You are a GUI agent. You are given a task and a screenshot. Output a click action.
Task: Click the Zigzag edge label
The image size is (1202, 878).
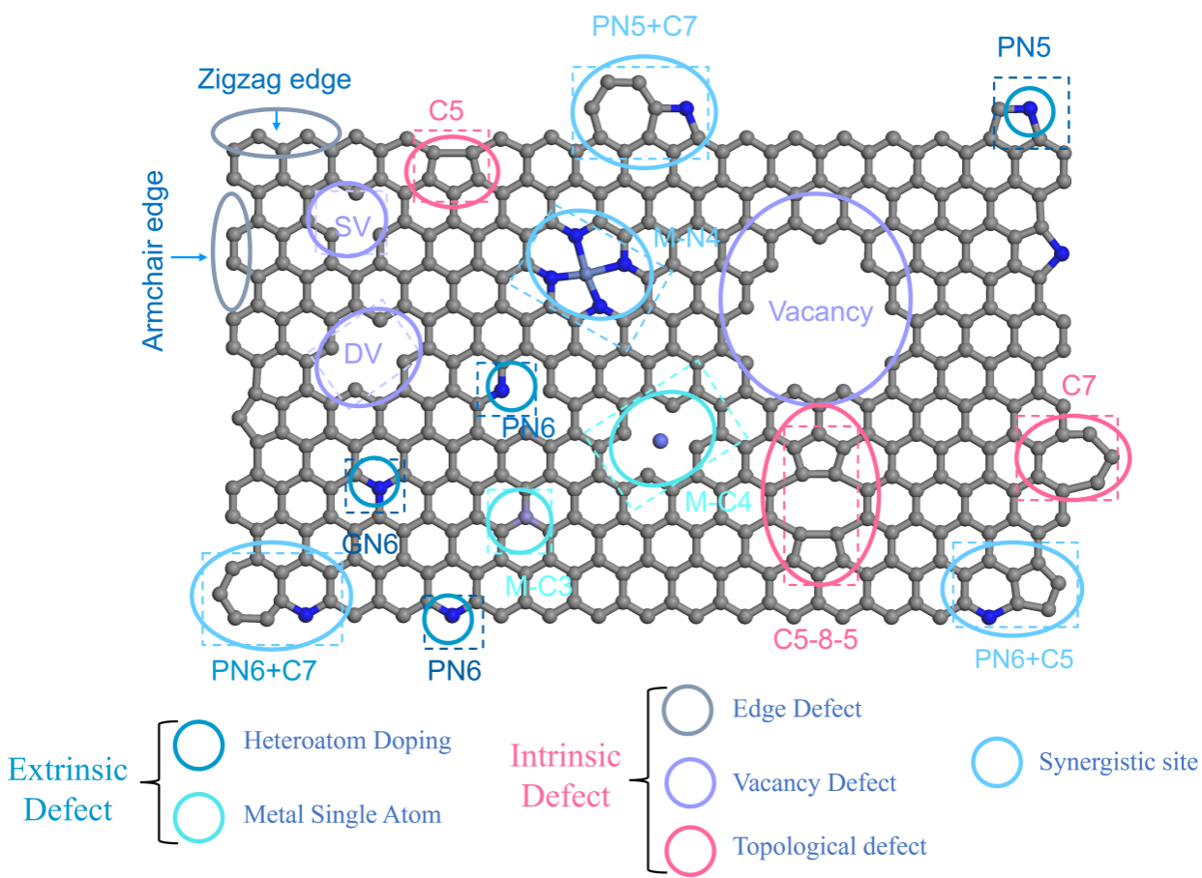(274, 79)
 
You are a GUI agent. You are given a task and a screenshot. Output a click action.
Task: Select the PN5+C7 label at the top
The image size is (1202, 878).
(644, 26)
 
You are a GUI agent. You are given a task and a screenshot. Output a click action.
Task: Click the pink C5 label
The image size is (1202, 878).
(446, 111)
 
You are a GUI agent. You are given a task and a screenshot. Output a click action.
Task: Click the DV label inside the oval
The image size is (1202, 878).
(363, 354)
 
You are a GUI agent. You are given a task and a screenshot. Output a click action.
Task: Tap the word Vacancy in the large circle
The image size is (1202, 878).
(821, 311)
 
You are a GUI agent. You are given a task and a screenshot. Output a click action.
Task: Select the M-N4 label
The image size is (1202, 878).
(685, 236)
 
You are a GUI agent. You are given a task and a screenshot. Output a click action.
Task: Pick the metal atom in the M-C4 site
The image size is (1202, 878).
(661, 441)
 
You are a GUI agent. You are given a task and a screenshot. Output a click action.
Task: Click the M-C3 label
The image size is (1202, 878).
(539, 585)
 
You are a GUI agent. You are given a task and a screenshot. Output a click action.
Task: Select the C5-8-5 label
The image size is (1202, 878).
(816, 639)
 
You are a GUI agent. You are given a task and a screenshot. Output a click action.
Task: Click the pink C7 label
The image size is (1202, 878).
(1078, 386)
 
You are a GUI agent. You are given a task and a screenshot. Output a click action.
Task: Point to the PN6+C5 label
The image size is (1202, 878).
(1024, 659)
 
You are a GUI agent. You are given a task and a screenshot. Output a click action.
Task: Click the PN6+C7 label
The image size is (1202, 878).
(263, 670)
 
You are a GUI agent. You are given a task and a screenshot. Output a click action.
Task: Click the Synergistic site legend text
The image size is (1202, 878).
(1118, 762)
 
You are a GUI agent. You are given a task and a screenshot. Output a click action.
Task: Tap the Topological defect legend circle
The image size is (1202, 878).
(690, 848)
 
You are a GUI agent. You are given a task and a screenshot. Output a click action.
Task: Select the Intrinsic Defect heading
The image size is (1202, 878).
(566, 776)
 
